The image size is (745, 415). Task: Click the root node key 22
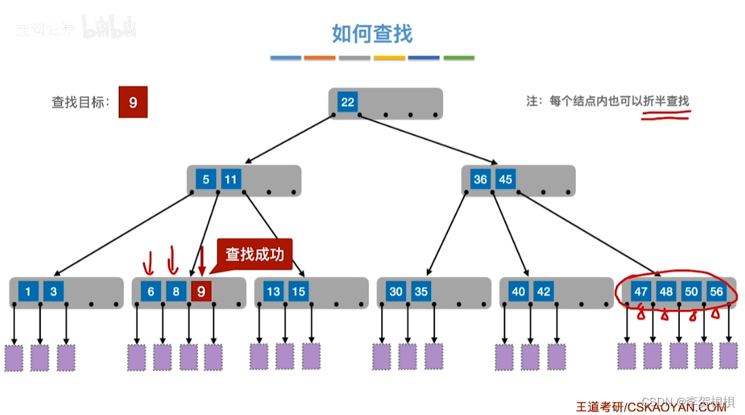point(347,103)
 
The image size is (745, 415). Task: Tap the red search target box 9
point(133,103)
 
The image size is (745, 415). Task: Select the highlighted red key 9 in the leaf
point(201,292)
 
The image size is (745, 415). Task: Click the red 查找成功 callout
point(254,254)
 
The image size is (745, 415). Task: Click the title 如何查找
point(372,33)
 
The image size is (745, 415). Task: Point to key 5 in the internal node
point(206,180)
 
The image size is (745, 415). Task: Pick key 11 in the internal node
point(231,180)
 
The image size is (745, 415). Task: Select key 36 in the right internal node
point(481,180)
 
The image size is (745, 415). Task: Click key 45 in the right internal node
point(505,180)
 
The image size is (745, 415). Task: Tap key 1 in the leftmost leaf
point(28,292)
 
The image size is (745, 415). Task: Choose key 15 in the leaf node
point(298,292)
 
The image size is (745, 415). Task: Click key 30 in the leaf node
point(396,292)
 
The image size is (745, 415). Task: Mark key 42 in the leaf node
point(543,292)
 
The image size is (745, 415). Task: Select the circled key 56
point(717,292)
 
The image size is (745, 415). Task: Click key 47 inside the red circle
point(641,292)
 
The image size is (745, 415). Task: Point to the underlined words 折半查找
point(665,101)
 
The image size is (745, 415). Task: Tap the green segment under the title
point(459,58)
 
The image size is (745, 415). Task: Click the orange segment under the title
point(319,58)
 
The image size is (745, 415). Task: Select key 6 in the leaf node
point(151,292)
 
